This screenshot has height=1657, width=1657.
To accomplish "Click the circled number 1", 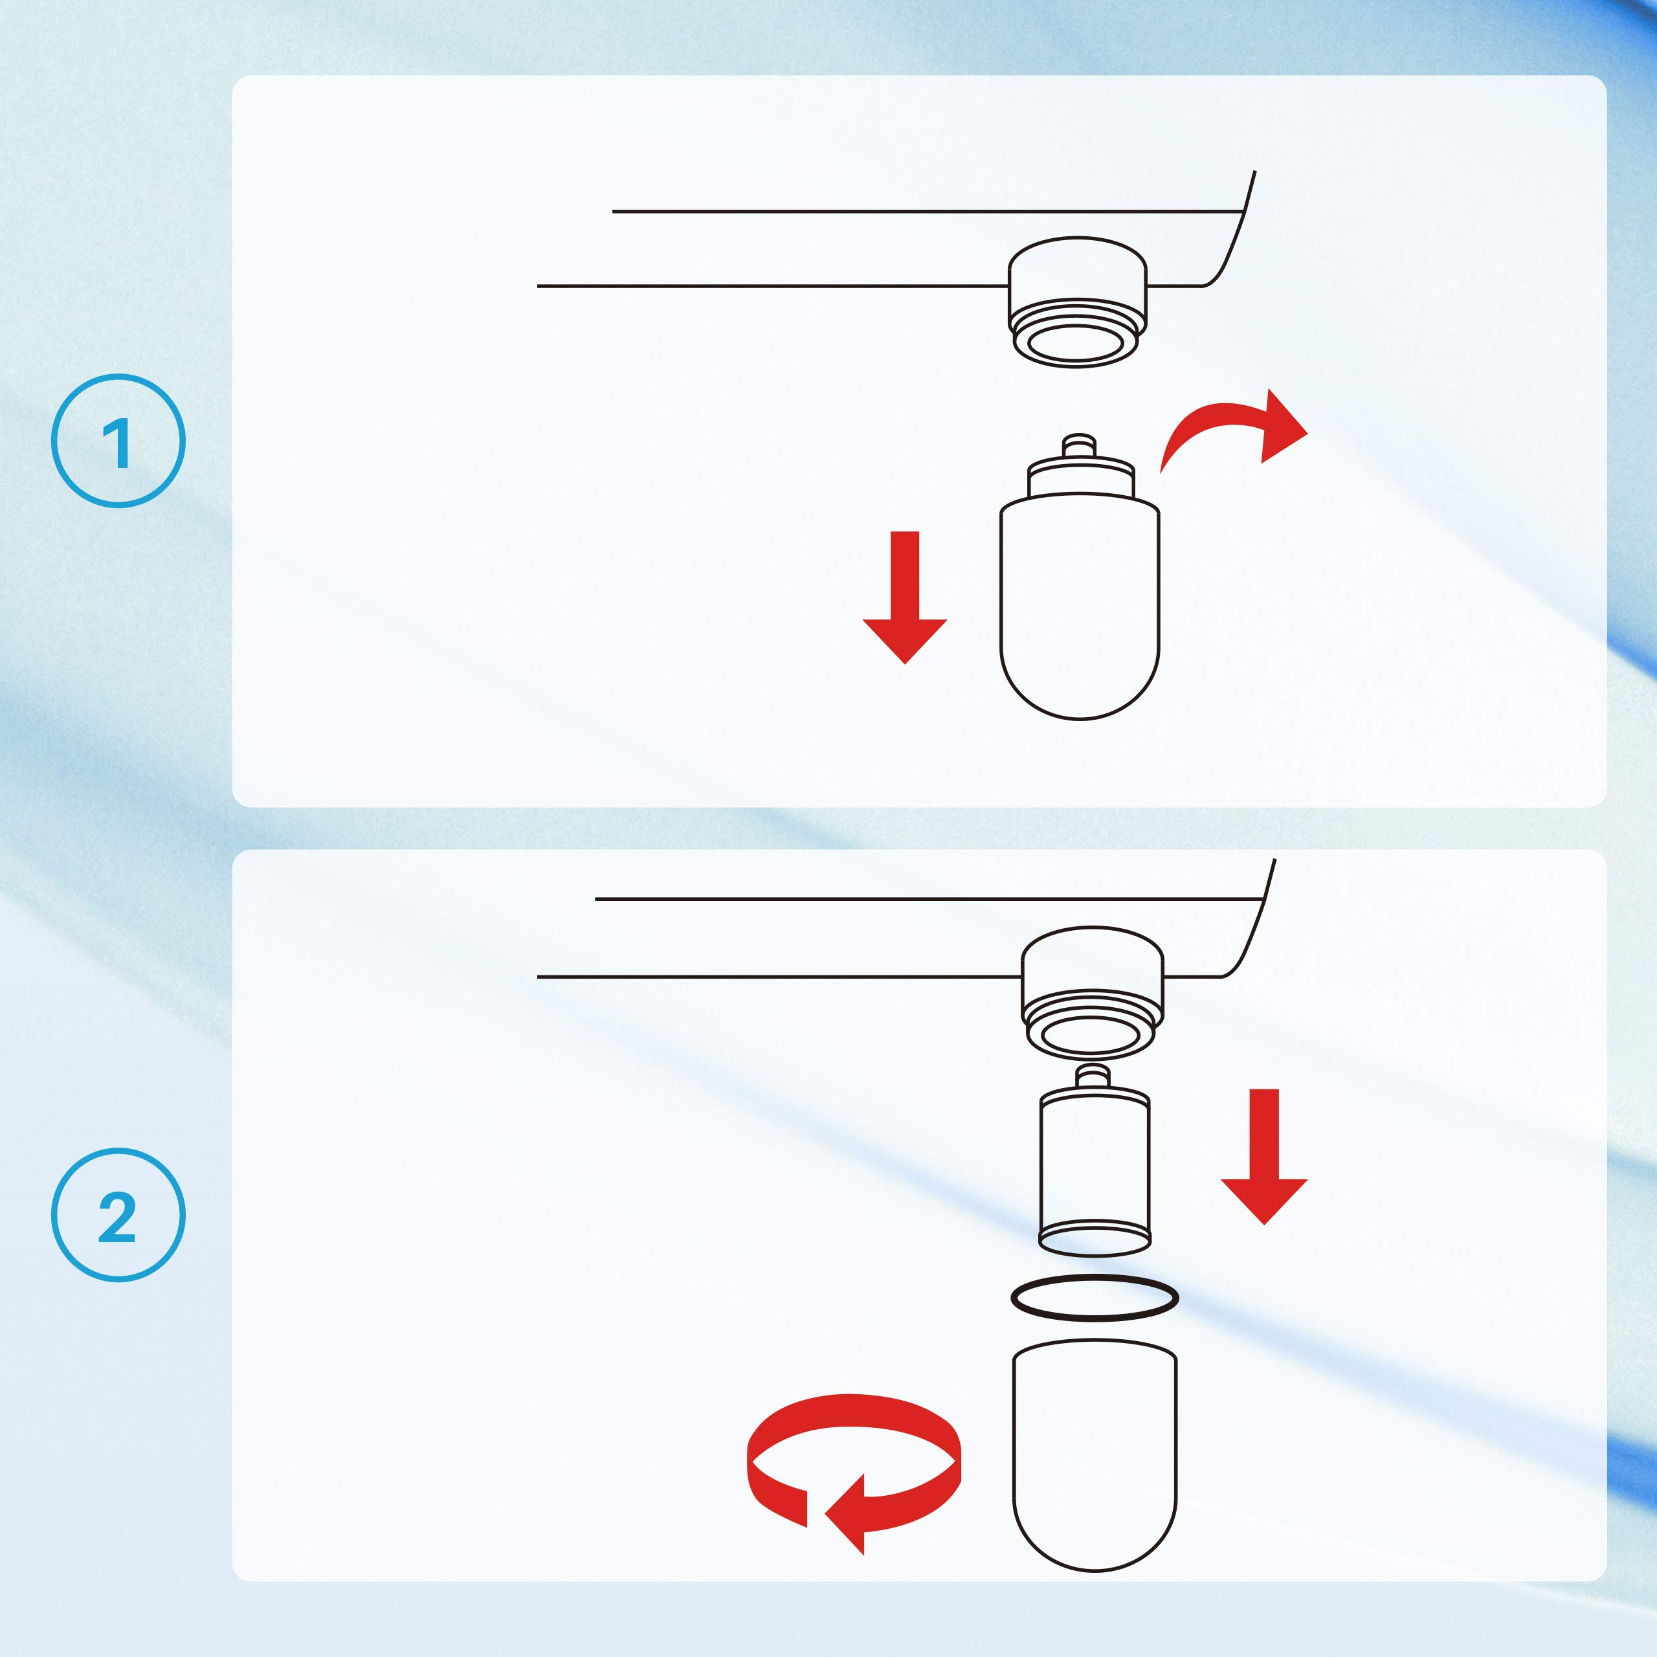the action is click(118, 441).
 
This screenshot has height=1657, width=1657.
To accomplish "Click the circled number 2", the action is click(118, 1216).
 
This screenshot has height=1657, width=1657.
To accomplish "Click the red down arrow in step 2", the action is click(1264, 1156).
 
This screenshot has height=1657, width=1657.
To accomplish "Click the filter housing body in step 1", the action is click(1080, 601).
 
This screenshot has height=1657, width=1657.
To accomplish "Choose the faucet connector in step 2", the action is click(1093, 992).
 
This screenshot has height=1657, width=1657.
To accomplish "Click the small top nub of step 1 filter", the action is click(1079, 446).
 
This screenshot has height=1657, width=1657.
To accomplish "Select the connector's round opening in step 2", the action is click(1093, 1036).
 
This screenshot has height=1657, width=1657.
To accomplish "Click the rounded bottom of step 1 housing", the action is click(1080, 686).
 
